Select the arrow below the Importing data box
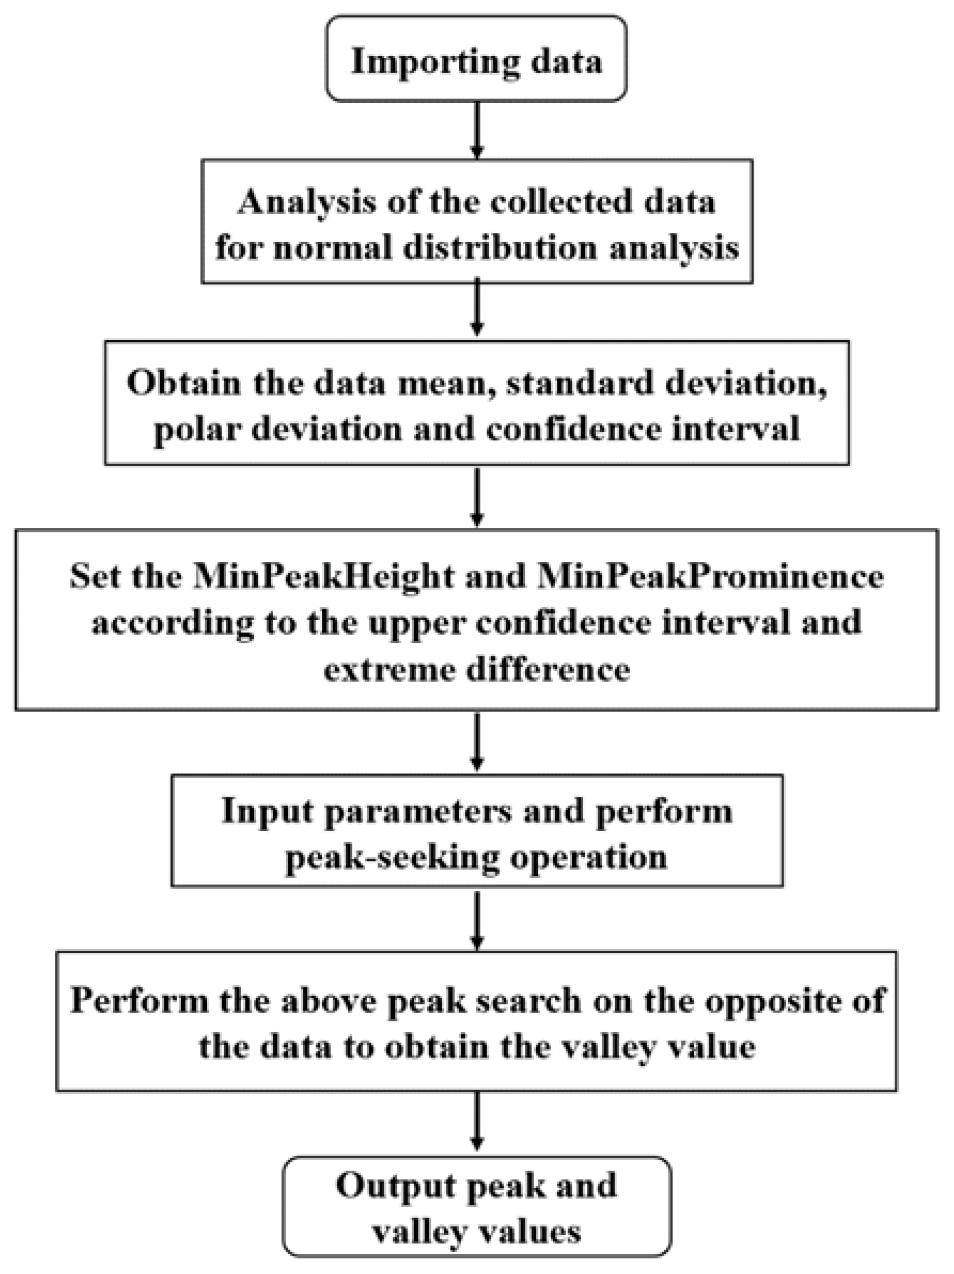(x=476, y=130)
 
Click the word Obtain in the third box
(x=183, y=382)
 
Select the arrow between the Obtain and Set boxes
(x=476, y=497)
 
